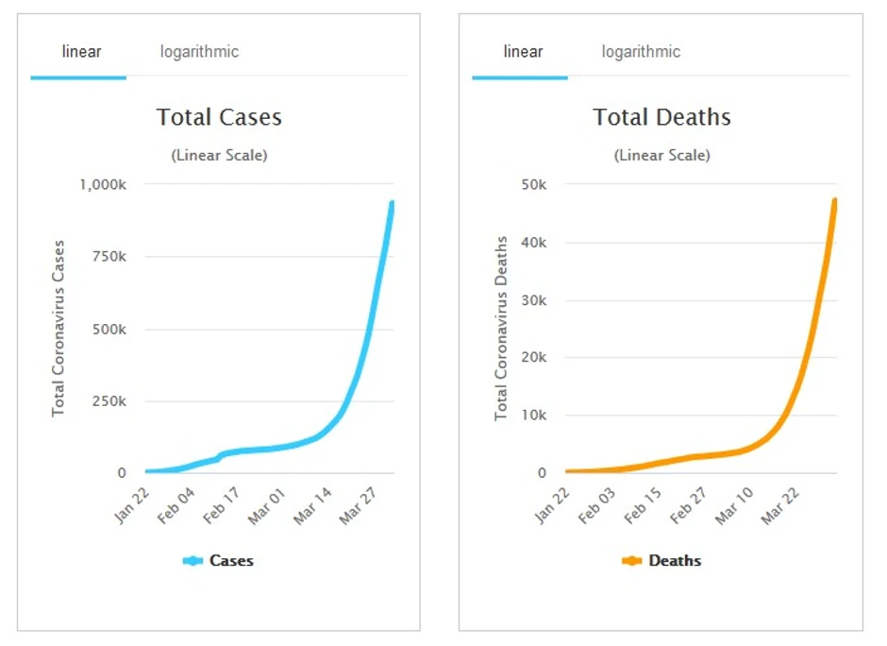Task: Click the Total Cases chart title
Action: pyautogui.click(x=219, y=117)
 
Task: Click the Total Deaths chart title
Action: pyautogui.click(x=661, y=117)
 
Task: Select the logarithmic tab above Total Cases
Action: pyautogui.click(x=199, y=52)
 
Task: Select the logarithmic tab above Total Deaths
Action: pyautogui.click(x=641, y=52)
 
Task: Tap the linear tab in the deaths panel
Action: pyautogui.click(x=523, y=52)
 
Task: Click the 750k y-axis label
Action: pyautogui.click(x=109, y=257)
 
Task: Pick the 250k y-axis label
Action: pyautogui.click(x=109, y=401)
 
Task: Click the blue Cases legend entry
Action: pyautogui.click(x=219, y=561)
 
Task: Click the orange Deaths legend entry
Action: pyautogui.click(x=661, y=561)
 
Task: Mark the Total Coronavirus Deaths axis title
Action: pyautogui.click(x=502, y=329)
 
